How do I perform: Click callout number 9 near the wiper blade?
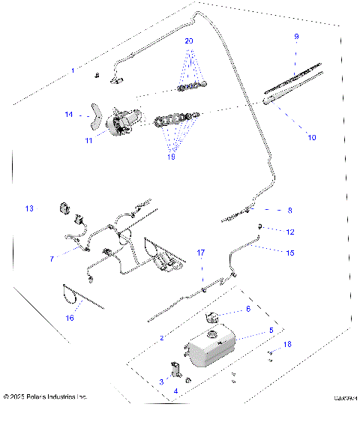point(295,37)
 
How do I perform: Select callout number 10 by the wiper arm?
point(312,137)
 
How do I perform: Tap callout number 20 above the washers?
point(189,40)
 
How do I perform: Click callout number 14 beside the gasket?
point(68,115)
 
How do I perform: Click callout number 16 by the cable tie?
point(70,318)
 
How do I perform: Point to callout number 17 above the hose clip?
point(200,253)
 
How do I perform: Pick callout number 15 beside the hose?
point(289,253)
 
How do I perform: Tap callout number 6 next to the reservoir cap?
point(247,309)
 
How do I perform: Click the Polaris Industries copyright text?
point(46,396)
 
